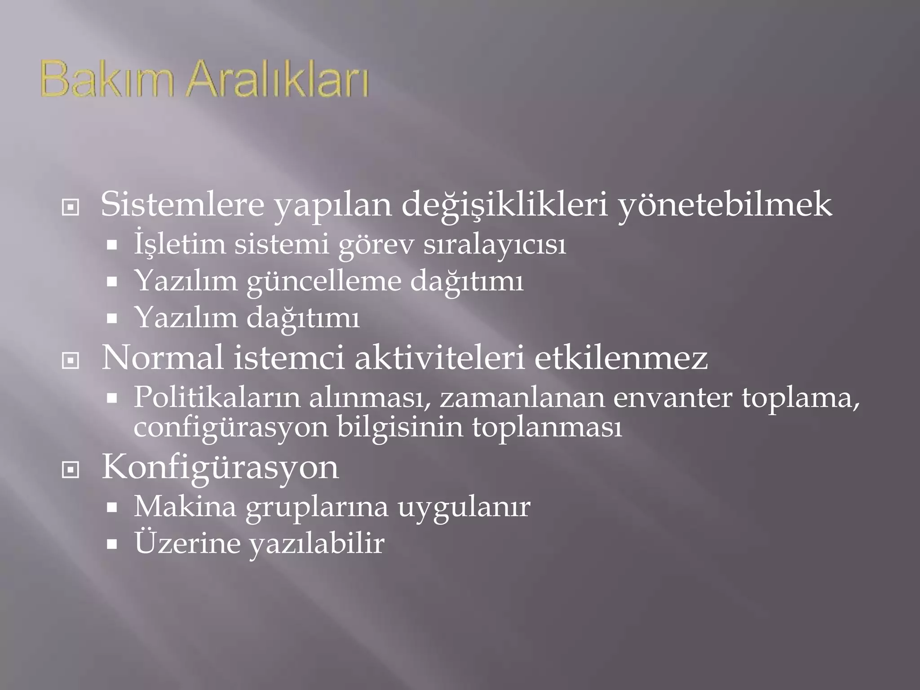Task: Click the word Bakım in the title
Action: tap(106, 81)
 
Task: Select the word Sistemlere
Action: tap(182, 205)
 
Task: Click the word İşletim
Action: tap(180, 245)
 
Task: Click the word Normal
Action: tap(163, 358)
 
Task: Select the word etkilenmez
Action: tap(621, 358)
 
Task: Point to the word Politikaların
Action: tap(217, 398)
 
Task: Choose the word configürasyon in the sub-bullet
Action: tap(231, 428)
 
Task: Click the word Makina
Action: tap(185, 507)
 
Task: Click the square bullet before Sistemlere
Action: tap(71, 208)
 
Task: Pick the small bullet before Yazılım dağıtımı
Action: tap(112, 319)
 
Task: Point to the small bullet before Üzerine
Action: tap(112, 544)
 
